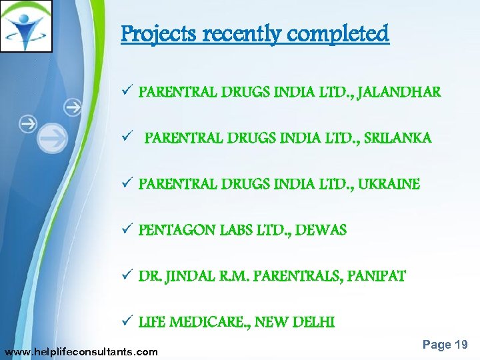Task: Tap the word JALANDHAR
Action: pyautogui.click(x=399, y=92)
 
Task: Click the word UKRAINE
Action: pyautogui.click(x=389, y=184)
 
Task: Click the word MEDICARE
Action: pyautogui.click(x=215, y=323)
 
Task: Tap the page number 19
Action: pyautogui.click(x=461, y=345)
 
